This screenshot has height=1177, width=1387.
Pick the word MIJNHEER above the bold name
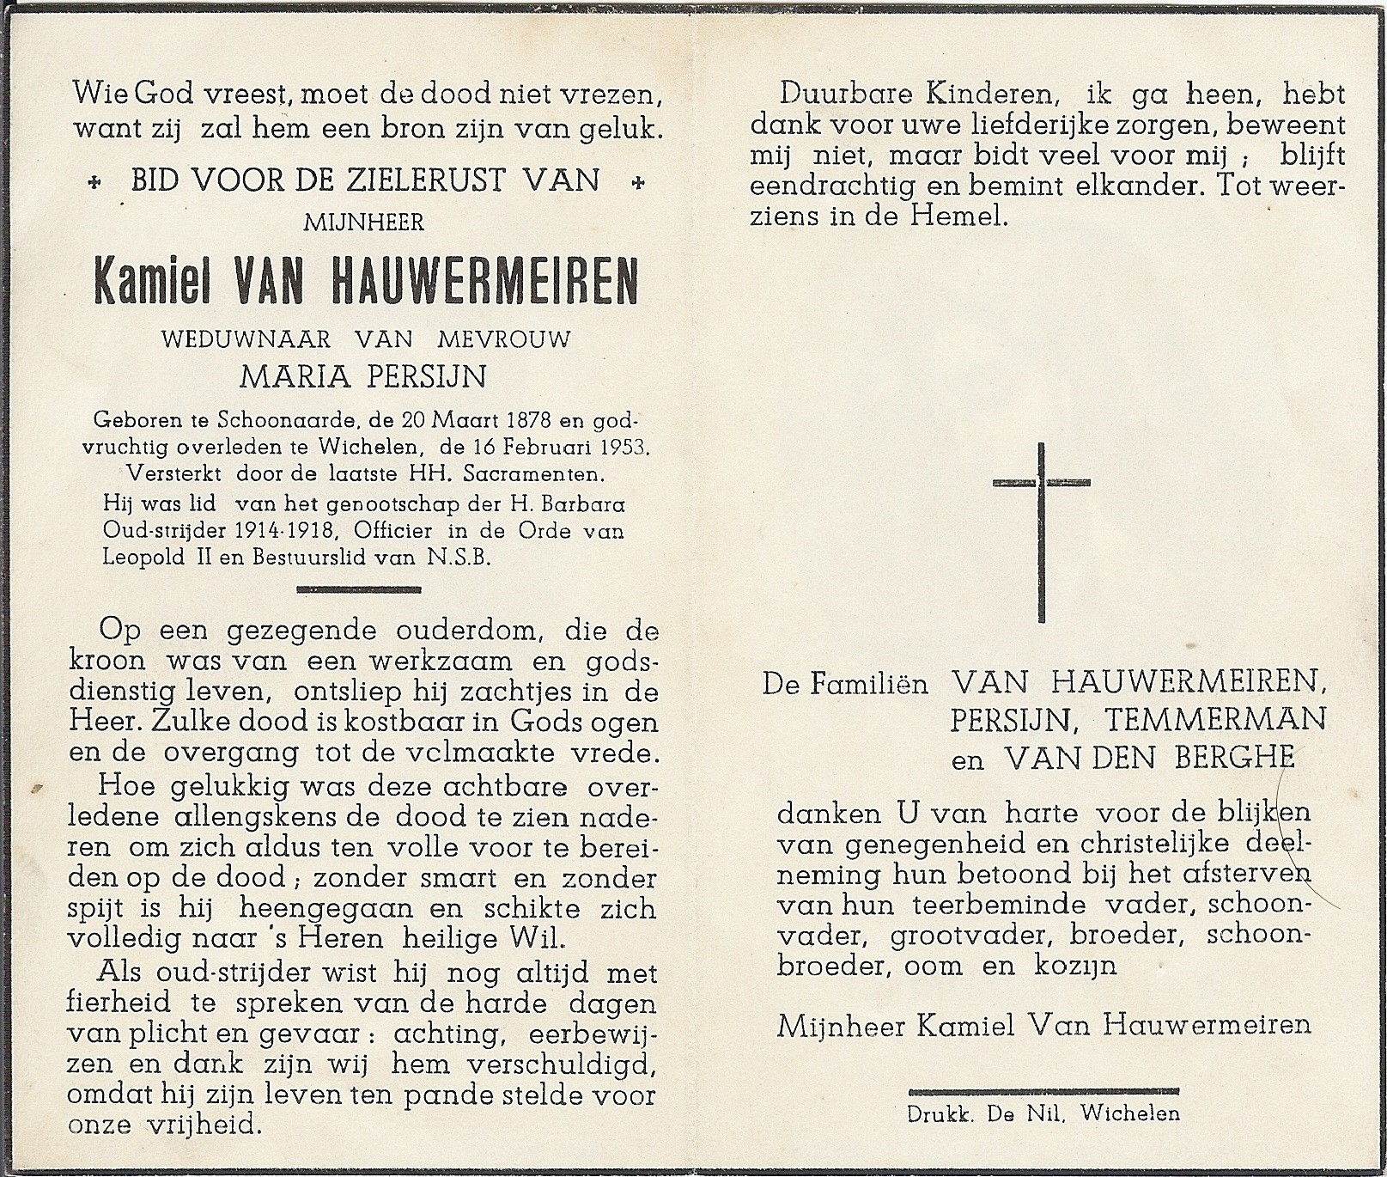tap(363, 223)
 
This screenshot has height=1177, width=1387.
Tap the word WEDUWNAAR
tap(246, 339)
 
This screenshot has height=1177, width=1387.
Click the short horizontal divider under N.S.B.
tap(358, 589)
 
